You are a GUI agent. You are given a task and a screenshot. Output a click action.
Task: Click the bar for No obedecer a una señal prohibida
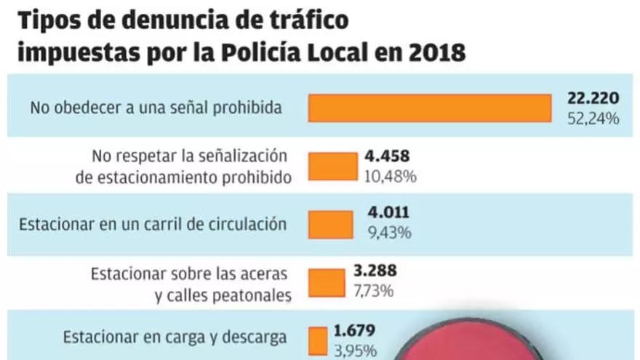click(429, 108)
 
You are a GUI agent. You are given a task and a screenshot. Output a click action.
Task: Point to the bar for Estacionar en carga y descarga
click(318, 340)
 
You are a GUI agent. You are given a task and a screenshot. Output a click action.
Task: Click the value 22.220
click(593, 99)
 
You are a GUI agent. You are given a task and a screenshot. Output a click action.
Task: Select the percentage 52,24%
click(593, 118)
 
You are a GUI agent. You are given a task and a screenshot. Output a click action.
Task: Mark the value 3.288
click(375, 272)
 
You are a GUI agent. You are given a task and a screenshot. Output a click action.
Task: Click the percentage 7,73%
click(373, 292)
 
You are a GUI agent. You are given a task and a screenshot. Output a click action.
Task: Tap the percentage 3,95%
click(356, 351)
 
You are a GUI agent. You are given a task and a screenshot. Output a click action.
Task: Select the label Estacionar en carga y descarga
click(175, 337)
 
